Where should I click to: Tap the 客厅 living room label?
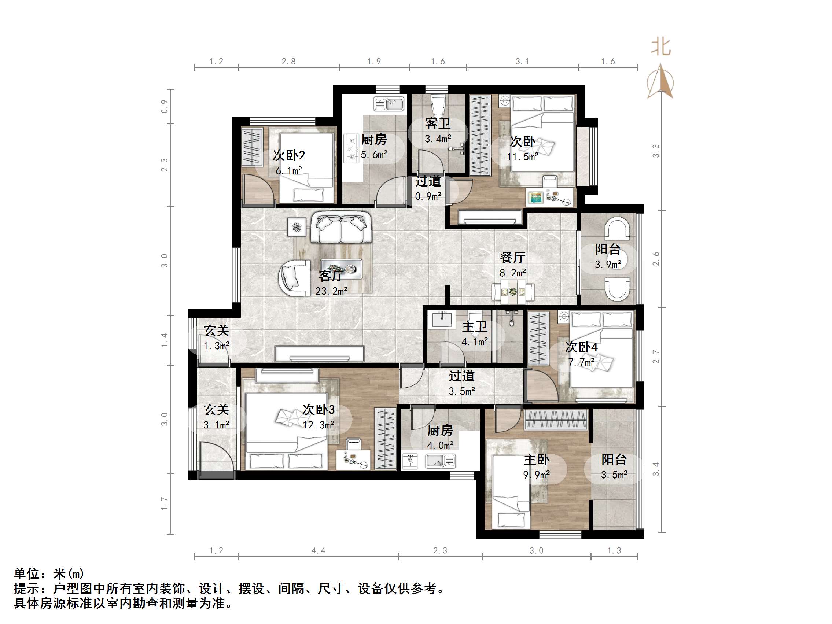[x=331, y=276]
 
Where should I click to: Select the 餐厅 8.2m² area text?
[x=513, y=272]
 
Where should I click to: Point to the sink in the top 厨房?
[x=389, y=104]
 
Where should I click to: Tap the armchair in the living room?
[x=293, y=279]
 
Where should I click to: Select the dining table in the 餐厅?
[x=513, y=292]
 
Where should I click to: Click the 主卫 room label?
[x=475, y=326]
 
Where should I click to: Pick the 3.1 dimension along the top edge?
[x=522, y=61]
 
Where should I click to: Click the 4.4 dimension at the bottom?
[x=318, y=551]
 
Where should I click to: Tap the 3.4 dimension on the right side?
[x=656, y=469]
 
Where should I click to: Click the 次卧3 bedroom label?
[x=319, y=410]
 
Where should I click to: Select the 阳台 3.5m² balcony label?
[x=614, y=467]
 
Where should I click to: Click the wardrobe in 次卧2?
[x=252, y=147]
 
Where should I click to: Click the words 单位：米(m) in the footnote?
[x=49, y=573]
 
